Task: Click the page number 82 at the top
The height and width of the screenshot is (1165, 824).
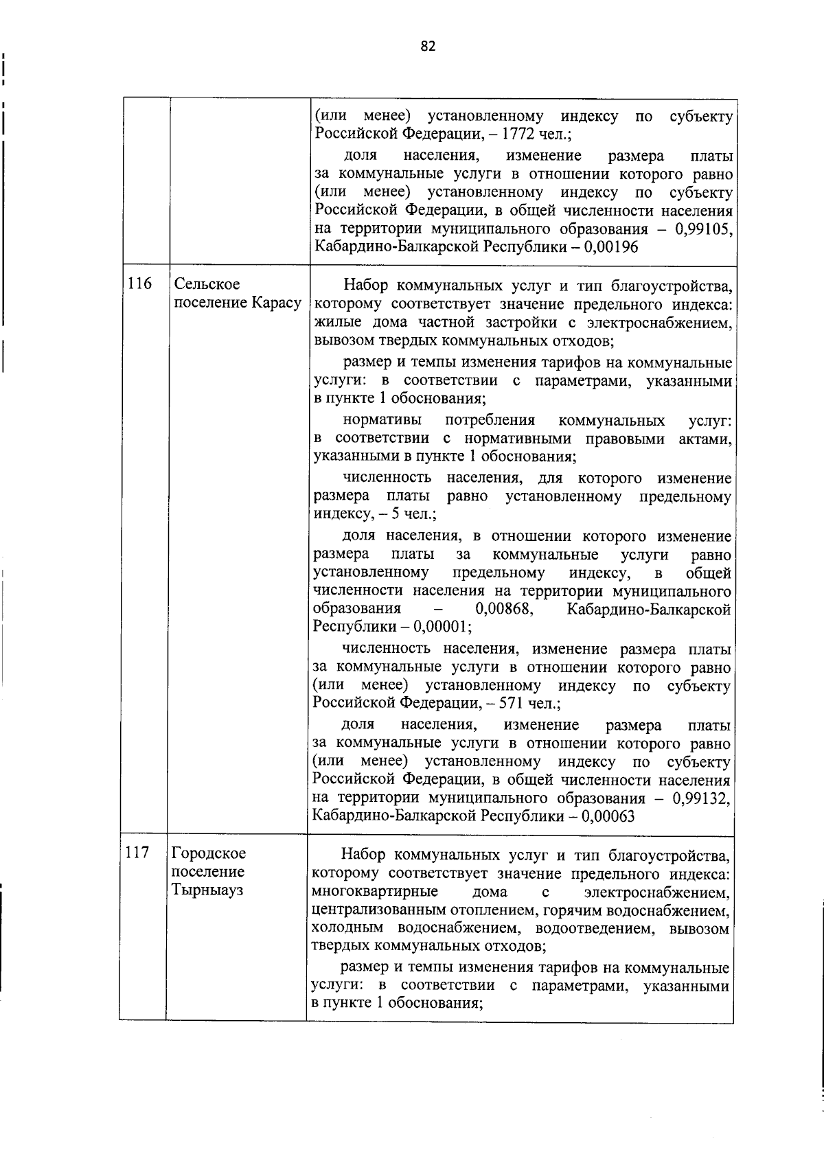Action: [x=427, y=46]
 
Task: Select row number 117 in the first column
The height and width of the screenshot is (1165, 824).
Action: [x=137, y=853]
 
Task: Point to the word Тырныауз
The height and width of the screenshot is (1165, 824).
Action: [x=207, y=890]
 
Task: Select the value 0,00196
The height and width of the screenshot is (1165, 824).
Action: [x=611, y=247]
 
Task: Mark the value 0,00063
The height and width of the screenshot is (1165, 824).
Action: [x=608, y=816]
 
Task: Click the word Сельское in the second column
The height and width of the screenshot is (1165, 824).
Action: [x=207, y=284]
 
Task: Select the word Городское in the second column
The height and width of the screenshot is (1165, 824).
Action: [x=209, y=853]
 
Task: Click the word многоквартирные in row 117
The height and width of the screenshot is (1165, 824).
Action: [x=375, y=892]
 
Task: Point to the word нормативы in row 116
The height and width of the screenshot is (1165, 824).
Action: [x=382, y=420]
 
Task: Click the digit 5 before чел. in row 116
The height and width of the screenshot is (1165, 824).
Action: [x=396, y=514]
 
